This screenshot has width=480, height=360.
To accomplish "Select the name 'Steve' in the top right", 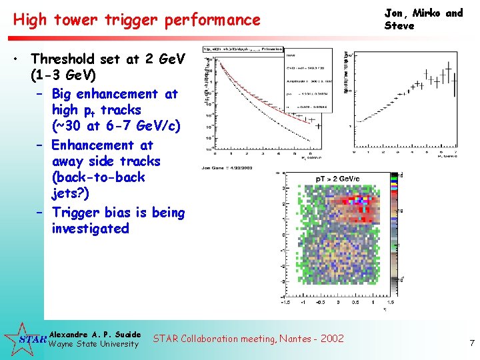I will click(399, 26).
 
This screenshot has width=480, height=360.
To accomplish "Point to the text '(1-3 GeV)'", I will click(63, 75).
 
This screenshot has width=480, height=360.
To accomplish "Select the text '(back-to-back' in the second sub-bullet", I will click(98, 177).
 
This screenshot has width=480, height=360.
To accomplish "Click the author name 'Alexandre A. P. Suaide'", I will click(95, 334).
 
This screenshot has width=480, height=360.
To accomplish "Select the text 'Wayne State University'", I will click(94, 344).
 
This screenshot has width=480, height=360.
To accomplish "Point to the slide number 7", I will click(471, 343).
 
